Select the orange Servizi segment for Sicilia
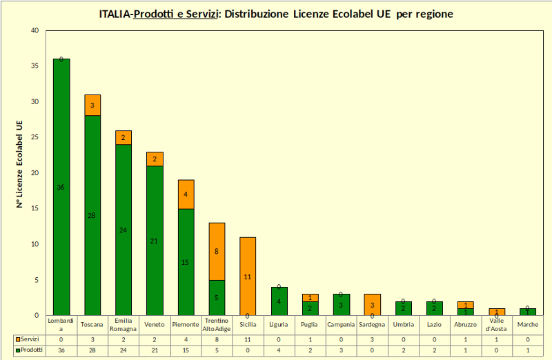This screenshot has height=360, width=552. [248, 276]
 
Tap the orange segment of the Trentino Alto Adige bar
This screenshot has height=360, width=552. [217, 251]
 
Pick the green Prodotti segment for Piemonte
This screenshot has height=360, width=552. [186, 262]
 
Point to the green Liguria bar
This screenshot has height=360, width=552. [279, 301]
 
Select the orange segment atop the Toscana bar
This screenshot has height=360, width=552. [92, 105]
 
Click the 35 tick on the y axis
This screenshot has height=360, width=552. [34, 66]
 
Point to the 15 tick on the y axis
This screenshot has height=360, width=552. [34, 208]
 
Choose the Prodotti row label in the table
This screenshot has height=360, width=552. [30, 350]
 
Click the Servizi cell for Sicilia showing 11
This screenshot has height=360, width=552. [248, 339]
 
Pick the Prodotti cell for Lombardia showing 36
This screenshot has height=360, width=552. [61, 350]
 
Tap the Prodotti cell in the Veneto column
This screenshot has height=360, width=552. [155, 350]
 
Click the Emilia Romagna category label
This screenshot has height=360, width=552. [124, 324]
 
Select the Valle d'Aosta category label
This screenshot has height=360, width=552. [496, 324]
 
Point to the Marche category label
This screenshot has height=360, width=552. [527, 324]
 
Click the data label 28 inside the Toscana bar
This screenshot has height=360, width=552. [92, 215]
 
